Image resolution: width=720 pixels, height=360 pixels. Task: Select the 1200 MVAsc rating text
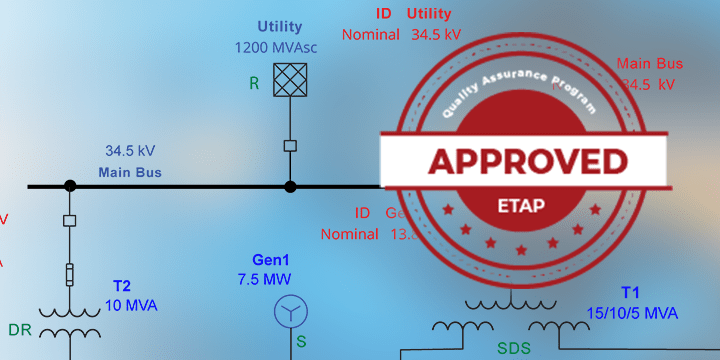(x=279, y=47)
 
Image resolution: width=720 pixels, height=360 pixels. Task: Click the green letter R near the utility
(x=254, y=84)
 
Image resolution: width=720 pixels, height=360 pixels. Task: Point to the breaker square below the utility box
(x=290, y=146)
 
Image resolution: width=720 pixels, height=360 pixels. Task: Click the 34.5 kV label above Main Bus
(x=130, y=152)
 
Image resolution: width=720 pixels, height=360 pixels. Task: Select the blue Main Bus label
(x=130, y=172)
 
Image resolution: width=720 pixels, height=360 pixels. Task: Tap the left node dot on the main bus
(x=70, y=186)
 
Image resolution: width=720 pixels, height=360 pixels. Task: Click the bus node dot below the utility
(x=290, y=186)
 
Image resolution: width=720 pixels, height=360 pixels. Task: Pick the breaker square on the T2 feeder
(x=70, y=220)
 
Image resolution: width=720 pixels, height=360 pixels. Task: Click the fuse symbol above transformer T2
(x=70, y=273)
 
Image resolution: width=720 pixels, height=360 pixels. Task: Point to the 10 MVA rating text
(x=131, y=305)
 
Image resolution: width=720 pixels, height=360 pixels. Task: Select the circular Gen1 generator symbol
(x=290, y=312)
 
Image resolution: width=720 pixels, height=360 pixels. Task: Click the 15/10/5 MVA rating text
(x=632, y=312)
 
